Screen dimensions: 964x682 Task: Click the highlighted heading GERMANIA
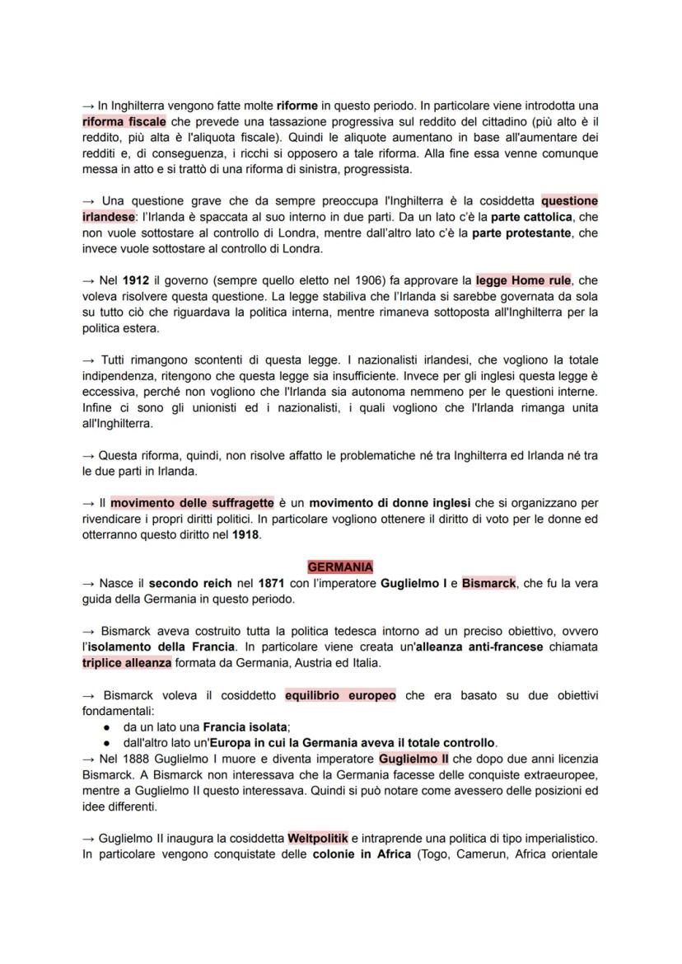click(340, 567)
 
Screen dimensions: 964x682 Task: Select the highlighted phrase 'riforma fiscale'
click(124, 121)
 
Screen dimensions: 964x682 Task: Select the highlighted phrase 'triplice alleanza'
click(127, 662)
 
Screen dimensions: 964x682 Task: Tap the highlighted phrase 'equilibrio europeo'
click(340, 695)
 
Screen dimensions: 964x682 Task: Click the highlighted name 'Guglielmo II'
click(413, 758)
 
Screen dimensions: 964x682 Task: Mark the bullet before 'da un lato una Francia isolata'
click(108, 727)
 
